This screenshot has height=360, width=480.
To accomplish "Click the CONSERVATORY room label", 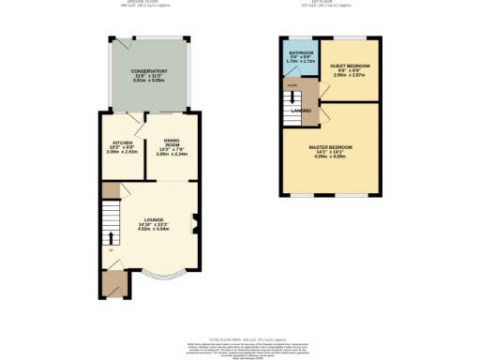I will pos(150,71).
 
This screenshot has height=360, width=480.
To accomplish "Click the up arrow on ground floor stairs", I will pos(110,235).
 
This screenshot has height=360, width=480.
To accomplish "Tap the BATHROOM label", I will pos(301,53).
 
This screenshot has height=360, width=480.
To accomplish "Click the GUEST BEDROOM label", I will pos(350,66).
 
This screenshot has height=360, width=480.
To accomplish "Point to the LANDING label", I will pos(301,111).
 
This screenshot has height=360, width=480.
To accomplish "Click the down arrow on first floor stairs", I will pos(292,94).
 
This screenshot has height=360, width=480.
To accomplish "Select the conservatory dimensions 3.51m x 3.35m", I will pos(150,82).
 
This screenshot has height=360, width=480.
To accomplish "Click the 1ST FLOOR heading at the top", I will pos(331,4).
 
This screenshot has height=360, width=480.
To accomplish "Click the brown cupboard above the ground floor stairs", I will pos(111,190).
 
